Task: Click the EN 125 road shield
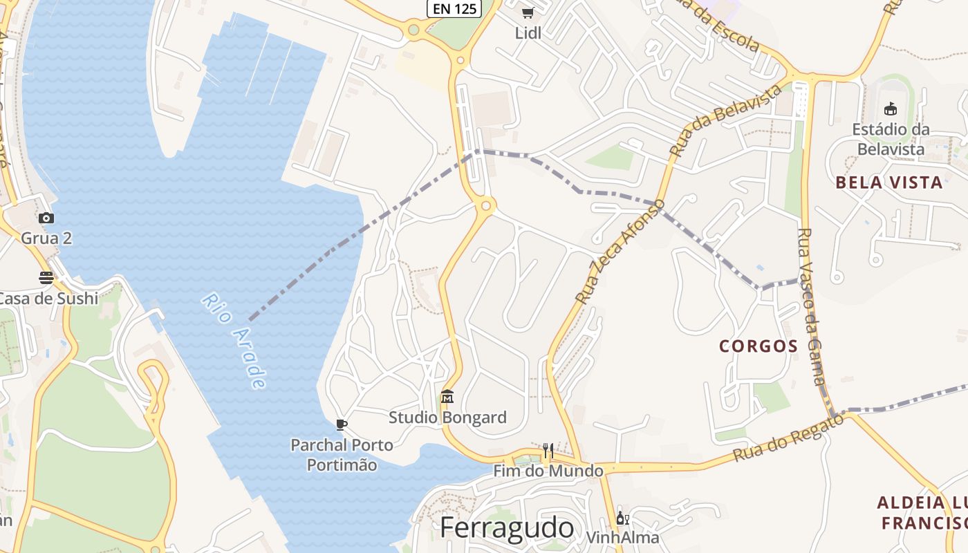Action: tap(454, 9)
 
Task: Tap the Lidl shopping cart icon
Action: tap(528, 12)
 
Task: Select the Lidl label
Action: tap(528, 32)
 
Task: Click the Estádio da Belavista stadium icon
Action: tap(891, 109)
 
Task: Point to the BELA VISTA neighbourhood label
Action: tap(889, 182)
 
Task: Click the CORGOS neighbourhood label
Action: tap(758, 346)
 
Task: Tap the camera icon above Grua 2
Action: tap(46, 218)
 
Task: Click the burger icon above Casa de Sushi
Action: tap(46, 278)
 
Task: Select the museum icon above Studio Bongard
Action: tap(447, 397)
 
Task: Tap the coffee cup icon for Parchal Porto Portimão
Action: tap(341, 424)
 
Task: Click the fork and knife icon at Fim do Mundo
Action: tap(548, 451)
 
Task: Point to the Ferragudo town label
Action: tap(507, 528)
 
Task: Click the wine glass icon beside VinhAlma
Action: tap(622, 518)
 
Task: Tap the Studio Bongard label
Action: tap(447, 418)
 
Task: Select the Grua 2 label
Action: tap(46, 238)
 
